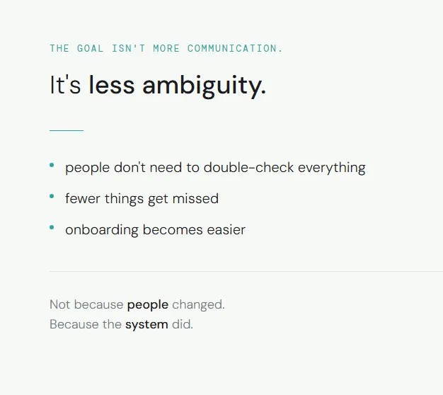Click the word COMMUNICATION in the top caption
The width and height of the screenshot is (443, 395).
(234, 49)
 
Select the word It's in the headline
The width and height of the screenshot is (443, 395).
(65, 86)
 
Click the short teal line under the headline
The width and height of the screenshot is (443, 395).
(67, 130)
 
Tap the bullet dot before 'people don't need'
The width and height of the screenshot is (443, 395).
(52, 165)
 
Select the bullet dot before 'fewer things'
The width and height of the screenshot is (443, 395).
(52, 196)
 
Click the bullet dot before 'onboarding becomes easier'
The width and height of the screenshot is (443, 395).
(52, 227)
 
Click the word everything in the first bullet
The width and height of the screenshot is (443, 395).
(331, 168)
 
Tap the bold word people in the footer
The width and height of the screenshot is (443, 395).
(147, 305)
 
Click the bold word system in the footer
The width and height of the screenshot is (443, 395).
(146, 325)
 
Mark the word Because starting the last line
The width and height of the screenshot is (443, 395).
(72, 325)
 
